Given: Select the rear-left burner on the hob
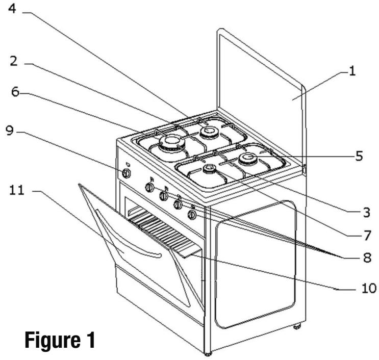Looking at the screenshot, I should [208, 132].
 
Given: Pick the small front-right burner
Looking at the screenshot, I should [209, 170].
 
